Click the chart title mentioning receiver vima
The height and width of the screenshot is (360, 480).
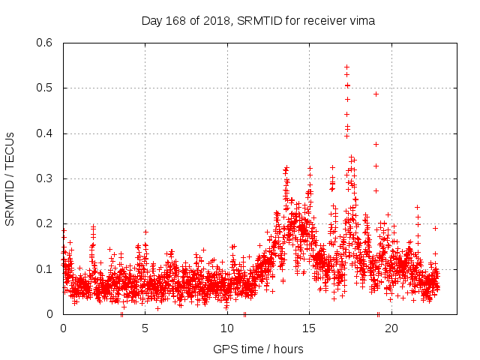point(258,21)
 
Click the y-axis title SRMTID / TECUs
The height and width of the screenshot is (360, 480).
point(10,178)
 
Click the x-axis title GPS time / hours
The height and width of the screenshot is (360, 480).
point(258,349)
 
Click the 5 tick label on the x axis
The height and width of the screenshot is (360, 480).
point(145,328)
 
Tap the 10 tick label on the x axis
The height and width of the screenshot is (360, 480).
point(227,328)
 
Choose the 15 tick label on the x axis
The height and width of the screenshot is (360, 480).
point(309,328)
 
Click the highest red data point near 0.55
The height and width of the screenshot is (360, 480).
point(346,67)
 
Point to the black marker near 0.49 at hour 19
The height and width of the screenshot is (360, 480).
point(376,94)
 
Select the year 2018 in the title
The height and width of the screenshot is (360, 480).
point(212,21)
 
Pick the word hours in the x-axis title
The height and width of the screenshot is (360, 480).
point(287,349)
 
